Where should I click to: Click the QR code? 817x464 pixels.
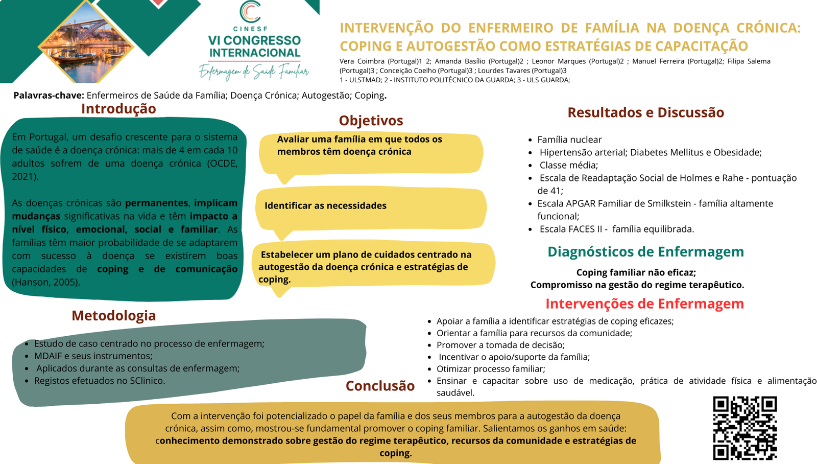tap(744, 428)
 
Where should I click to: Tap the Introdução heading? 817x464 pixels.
tap(118, 109)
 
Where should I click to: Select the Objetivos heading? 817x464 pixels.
tap(371, 121)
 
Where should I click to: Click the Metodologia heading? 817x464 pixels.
tap(113, 316)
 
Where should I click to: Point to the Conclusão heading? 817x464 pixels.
tap(380, 386)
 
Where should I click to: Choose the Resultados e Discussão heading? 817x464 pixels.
tap(645, 112)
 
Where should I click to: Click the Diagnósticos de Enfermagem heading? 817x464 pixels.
tap(645, 252)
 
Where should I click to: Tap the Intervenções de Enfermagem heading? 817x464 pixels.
tap(644, 304)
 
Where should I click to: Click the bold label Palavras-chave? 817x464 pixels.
tap(49, 96)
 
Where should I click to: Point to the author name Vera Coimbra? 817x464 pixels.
tap(362, 61)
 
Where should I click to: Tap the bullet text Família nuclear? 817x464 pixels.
tap(569, 140)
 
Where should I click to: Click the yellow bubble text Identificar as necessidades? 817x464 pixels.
tap(325, 206)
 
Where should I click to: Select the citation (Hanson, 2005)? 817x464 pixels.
tap(46, 282)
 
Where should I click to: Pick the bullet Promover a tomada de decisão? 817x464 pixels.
tap(500, 345)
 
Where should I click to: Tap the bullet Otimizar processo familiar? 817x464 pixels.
tap(491, 369)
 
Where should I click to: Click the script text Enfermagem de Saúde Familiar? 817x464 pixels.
tap(254, 72)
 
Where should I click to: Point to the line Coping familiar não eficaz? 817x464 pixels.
tap(636, 272)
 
